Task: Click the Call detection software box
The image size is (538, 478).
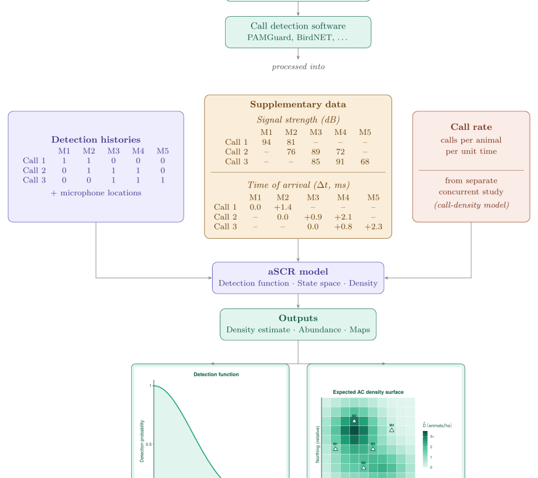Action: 298,32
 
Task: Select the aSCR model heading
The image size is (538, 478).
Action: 298,271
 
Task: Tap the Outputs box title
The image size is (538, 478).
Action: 298,318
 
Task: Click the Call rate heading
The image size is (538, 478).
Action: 471,127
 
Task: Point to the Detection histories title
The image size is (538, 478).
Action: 96,140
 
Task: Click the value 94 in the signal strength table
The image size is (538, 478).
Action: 267,142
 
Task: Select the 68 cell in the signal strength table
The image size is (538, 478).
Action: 365,162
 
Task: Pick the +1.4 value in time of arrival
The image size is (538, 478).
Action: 283,207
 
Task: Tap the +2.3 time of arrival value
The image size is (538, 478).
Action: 374,227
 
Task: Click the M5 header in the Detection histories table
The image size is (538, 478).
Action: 163,151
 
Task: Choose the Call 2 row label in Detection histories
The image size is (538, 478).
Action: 35,171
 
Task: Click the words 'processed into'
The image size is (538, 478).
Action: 298,67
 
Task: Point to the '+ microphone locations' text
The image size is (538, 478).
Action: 96,193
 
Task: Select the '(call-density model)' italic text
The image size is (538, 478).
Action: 471,205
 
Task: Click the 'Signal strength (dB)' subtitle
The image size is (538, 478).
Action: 298,119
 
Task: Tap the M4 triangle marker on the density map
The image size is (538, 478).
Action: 391,430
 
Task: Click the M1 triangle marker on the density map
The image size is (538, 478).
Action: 335,448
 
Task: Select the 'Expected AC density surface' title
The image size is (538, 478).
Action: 368,392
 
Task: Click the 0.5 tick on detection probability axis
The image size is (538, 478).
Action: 148,444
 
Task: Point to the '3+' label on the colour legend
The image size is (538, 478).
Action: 432,437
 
